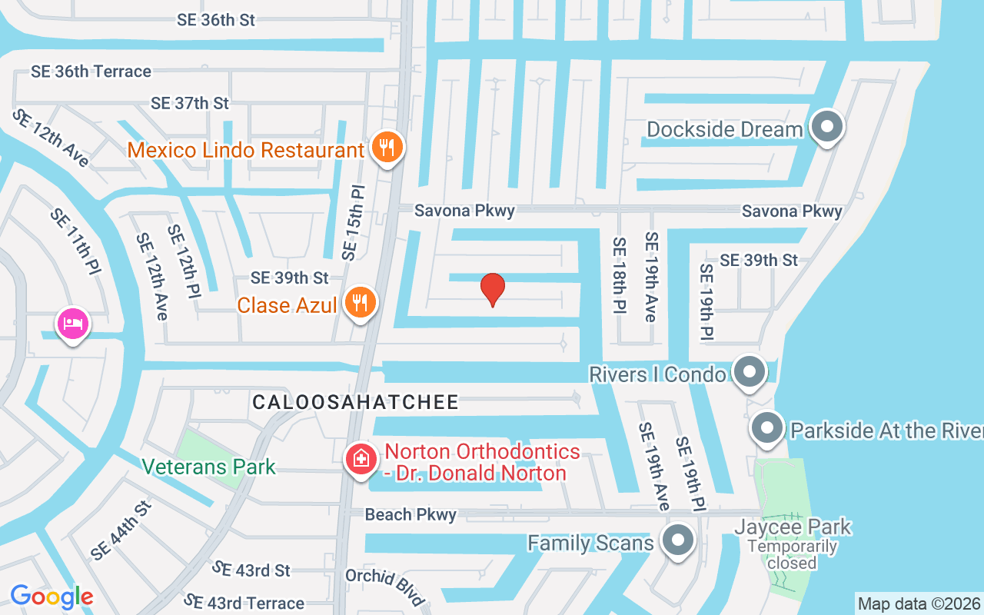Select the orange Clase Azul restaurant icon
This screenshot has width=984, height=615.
359,301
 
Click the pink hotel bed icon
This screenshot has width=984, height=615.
72,324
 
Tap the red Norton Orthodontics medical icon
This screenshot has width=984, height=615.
361,459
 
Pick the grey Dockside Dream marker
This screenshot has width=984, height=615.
827,126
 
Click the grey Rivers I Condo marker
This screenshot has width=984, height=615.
748,372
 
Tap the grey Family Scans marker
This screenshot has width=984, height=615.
677,541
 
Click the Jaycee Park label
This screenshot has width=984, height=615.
793,527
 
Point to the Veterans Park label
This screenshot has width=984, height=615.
208,467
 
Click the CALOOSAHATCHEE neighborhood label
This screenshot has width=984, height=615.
355,402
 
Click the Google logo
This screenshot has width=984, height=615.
52,597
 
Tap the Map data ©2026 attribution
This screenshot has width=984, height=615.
919,603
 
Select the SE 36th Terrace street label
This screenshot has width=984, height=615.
91,71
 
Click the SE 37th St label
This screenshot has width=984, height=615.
190,103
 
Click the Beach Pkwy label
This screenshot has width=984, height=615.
411,514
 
